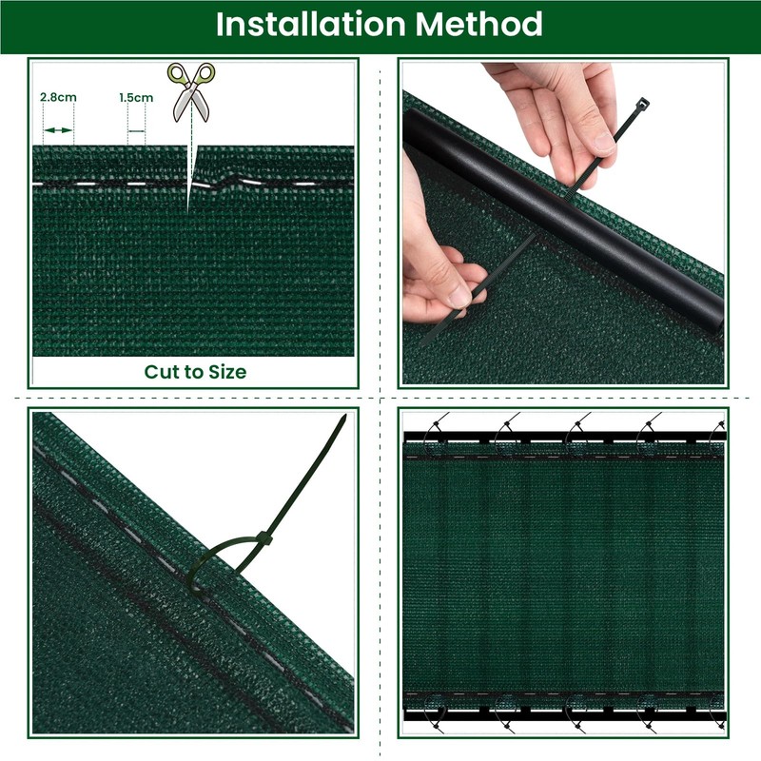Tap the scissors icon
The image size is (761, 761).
tap(191, 91)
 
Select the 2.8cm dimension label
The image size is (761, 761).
tap(58, 97)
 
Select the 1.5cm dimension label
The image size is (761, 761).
tap(136, 97)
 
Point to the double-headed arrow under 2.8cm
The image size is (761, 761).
tap(58, 129)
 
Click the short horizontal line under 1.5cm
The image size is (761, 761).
tap(137, 130)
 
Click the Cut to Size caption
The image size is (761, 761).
tap(195, 372)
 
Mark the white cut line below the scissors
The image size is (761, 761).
tap(189, 171)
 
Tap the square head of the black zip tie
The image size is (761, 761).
tap(643, 103)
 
